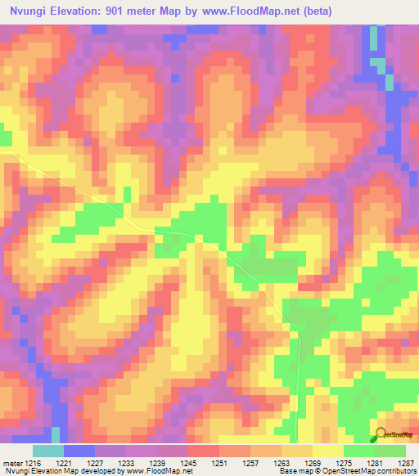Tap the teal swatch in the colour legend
tap(48, 451)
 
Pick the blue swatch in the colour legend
tap(79, 451)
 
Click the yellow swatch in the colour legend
tap(328, 451)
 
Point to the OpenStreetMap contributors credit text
tap(376, 471)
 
